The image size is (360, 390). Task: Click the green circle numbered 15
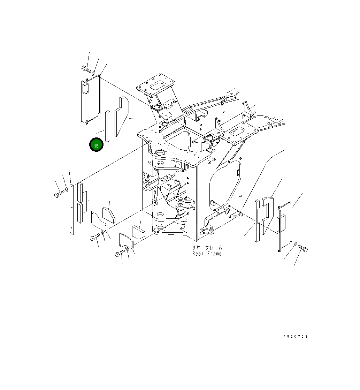pyautogui.click(x=96, y=145)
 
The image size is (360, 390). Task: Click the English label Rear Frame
pyautogui.click(x=207, y=254)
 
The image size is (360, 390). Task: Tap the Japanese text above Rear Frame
pyautogui.click(x=207, y=247)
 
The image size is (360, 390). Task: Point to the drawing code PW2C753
pyautogui.click(x=296, y=337)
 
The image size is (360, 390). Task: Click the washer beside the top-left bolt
pyautogui.click(x=94, y=73)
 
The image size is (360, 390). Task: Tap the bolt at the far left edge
pyautogui.click(x=59, y=194)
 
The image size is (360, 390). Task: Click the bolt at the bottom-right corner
pyautogui.click(x=303, y=249)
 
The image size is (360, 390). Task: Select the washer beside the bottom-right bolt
pyautogui.click(x=295, y=245)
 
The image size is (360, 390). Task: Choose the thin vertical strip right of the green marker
pyautogui.click(x=108, y=126)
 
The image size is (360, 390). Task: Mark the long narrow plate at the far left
pyautogui.click(x=72, y=209)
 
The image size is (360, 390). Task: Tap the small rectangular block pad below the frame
pyautogui.click(x=138, y=232)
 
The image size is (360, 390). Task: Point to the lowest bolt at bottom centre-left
pyautogui.click(x=120, y=254)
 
